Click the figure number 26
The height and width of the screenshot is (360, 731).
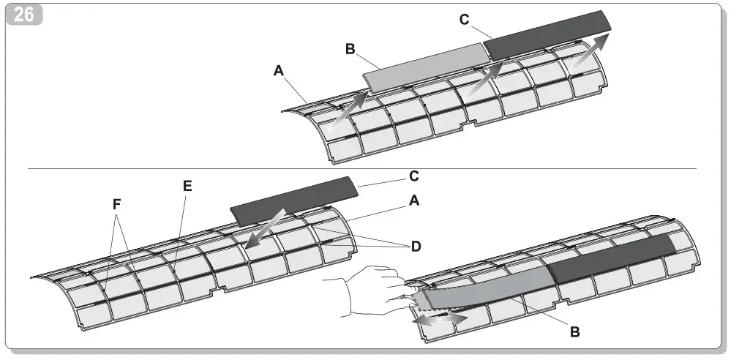(x=24, y=15)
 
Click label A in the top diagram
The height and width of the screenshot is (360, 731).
(x=278, y=71)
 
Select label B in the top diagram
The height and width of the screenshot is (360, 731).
(x=350, y=49)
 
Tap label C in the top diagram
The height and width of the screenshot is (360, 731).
(x=464, y=20)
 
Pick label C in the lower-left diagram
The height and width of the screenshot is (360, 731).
(x=413, y=176)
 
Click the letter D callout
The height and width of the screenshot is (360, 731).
(x=416, y=247)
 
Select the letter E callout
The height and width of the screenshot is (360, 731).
(x=187, y=186)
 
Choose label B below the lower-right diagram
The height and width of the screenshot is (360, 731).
(x=574, y=332)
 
